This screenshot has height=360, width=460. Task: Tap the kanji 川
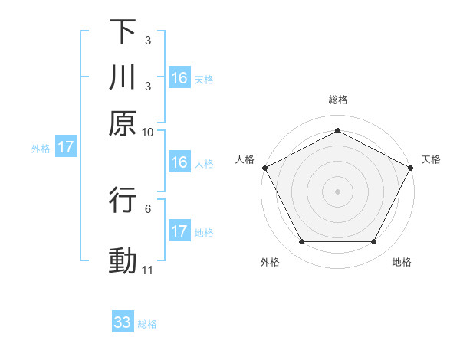[x=123, y=77]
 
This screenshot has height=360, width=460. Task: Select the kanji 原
[x=123, y=122]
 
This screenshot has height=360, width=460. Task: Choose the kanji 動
[x=123, y=260]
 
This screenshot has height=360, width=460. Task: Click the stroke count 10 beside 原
[x=148, y=131]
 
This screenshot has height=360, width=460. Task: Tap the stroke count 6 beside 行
[x=148, y=208]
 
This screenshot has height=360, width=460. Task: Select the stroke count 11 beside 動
[x=148, y=270]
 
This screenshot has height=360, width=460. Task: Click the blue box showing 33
[x=123, y=322]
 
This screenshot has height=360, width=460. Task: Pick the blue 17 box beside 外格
[x=66, y=148]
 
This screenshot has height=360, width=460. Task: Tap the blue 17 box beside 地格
[x=179, y=231]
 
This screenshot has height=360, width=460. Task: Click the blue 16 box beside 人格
[x=179, y=162]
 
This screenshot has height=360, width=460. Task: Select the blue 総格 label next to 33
[x=148, y=324]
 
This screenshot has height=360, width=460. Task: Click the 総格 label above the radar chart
[x=338, y=100]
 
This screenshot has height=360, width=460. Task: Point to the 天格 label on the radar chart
[x=431, y=159]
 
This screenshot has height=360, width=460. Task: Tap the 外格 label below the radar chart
[x=270, y=262]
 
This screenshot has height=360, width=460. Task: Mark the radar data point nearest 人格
[x=264, y=167]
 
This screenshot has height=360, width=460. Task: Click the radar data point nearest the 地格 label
[x=374, y=242]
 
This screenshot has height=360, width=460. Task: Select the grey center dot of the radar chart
[x=338, y=191]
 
